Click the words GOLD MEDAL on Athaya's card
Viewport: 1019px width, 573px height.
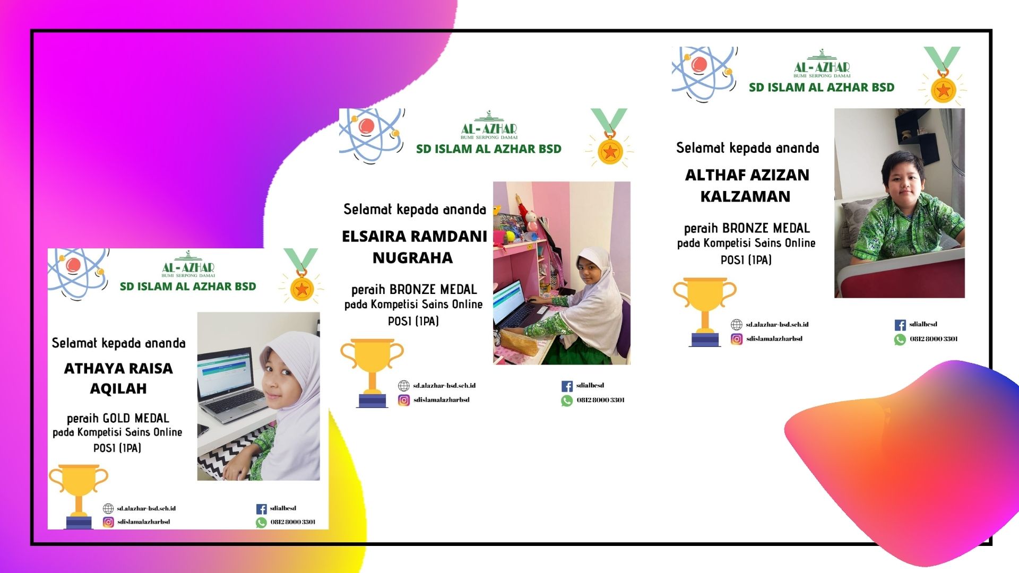tap(136, 418)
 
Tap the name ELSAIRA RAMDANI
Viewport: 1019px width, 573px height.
tap(414, 236)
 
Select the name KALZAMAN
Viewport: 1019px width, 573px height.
tap(745, 196)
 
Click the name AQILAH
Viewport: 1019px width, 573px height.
tap(118, 388)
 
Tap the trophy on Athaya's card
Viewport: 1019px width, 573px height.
tap(79, 497)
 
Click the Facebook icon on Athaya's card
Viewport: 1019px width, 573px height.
tap(261, 509)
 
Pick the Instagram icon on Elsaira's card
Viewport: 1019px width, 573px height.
tap(404, 400)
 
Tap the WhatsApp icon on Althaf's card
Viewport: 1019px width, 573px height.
tap(900, 339)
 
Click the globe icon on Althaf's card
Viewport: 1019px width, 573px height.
tap(737, 325)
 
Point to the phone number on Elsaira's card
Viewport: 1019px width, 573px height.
tap(600, 400)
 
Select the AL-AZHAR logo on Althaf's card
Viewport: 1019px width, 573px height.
tap(822, 64)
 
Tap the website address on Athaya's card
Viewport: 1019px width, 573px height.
tap(146, 508)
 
